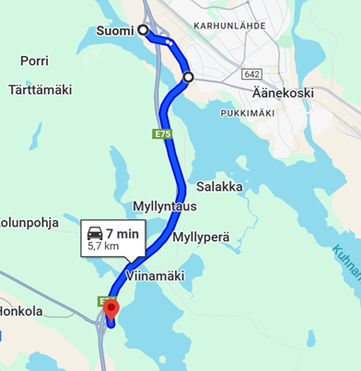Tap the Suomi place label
(114, 31)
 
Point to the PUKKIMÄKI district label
(250, 112)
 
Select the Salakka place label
(220, 186)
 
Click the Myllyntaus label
(165, 204)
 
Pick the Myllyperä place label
(200, 238)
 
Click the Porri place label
(35, 61)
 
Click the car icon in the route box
(96, 234)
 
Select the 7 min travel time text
(122, 234)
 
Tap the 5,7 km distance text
(103, 247)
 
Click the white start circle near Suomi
(144, 30)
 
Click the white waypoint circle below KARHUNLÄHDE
(188, 77)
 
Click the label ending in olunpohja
(29, 222)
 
